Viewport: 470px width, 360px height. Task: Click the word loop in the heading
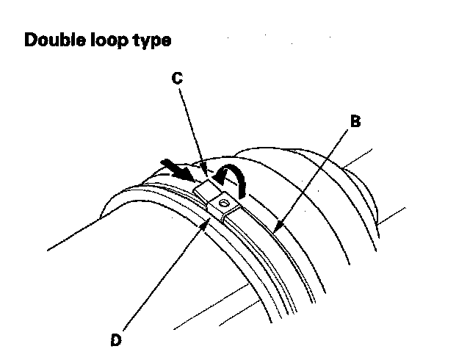pyautogui.click(x=114, y=41)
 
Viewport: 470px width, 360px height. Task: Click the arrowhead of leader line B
pyautogui.click(x=274, y=231)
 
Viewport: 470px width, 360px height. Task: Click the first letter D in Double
pyautogui.click(x=31, y=40)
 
